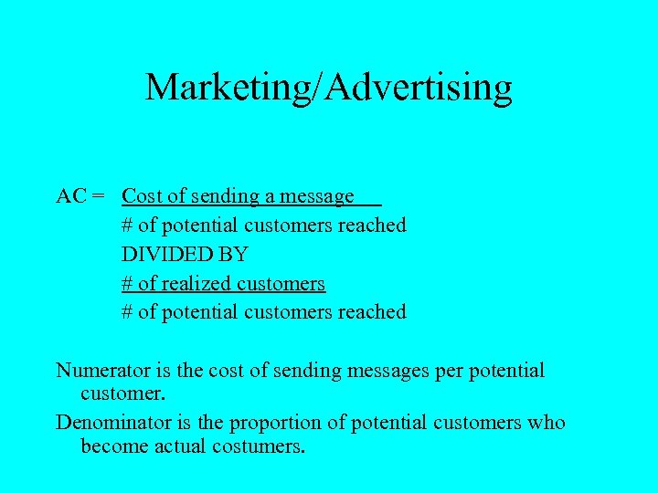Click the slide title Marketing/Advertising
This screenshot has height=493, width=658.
[328, 87]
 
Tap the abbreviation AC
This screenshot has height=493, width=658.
[72, 196]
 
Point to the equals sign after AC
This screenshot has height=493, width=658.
[99, 196]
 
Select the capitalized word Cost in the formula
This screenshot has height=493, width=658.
[140, 196]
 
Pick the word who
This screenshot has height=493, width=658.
[548, 423]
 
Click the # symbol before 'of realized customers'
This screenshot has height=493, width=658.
[128, 284]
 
